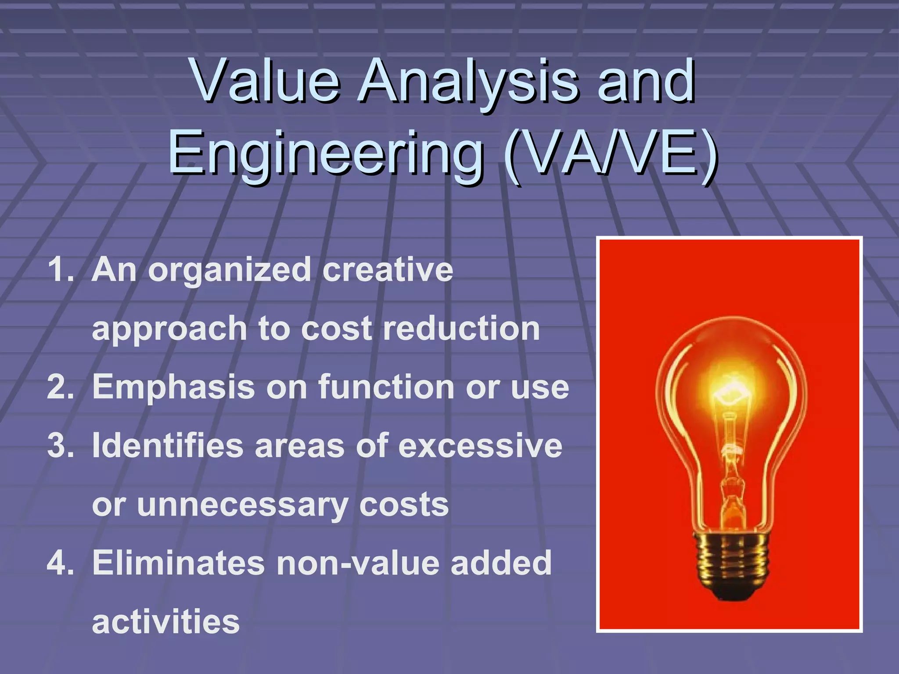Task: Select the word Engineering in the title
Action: point(325,154)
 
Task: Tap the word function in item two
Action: point(386,387)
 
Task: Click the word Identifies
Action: point(167,446)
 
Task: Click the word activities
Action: point(166,622)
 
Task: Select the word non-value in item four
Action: point(358,563)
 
